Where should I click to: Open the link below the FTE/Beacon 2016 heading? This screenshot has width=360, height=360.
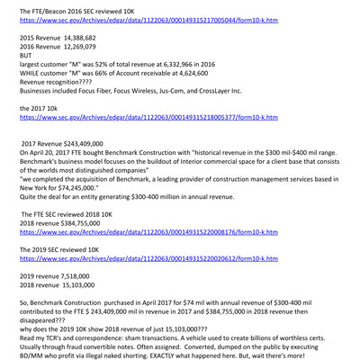pos(148,19)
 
